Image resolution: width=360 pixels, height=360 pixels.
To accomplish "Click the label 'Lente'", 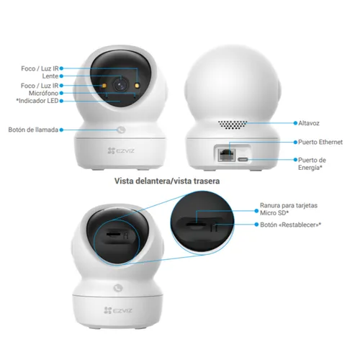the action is (x=50, y=76).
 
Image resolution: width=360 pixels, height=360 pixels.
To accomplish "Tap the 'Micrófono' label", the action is (x=43, y=93).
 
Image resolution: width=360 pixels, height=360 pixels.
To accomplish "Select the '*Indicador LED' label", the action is (x=37, y=101).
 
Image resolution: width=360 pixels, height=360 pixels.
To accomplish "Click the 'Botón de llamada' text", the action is (x=33, y=130).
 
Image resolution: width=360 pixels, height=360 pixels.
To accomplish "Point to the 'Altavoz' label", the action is (x=309, y=123).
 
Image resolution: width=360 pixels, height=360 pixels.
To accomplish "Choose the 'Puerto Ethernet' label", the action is (x=320, y=142).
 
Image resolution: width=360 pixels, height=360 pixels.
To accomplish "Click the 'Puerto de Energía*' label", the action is (x=312, y=163).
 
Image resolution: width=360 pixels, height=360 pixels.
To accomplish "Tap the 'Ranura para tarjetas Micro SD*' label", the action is (x=289, y=209).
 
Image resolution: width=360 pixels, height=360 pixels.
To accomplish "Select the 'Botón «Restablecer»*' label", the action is (x=291, y=225).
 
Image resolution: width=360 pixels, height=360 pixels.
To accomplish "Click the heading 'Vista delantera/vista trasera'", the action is (x=167, y=181).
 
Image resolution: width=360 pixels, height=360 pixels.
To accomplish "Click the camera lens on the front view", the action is (x=121, y=85).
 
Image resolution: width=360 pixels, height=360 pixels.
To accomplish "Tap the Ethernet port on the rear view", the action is (x=227, y=155).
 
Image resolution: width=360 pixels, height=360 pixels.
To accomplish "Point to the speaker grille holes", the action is (x=233, y=125).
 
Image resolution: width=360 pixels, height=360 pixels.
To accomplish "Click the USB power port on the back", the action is (x=243, y=160).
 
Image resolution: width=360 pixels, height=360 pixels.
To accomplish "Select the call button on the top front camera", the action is (x=122, y=130).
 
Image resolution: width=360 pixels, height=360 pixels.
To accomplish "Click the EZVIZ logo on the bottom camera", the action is (x=118, y=310).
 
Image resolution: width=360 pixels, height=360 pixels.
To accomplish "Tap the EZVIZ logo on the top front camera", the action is (x=121, y=150).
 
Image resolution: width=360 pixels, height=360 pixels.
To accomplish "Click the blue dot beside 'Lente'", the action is (x=61, y=76).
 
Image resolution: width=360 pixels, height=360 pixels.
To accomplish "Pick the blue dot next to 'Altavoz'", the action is (x=295, y=123).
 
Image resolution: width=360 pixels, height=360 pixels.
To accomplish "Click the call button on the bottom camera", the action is (x=118, y=288).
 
